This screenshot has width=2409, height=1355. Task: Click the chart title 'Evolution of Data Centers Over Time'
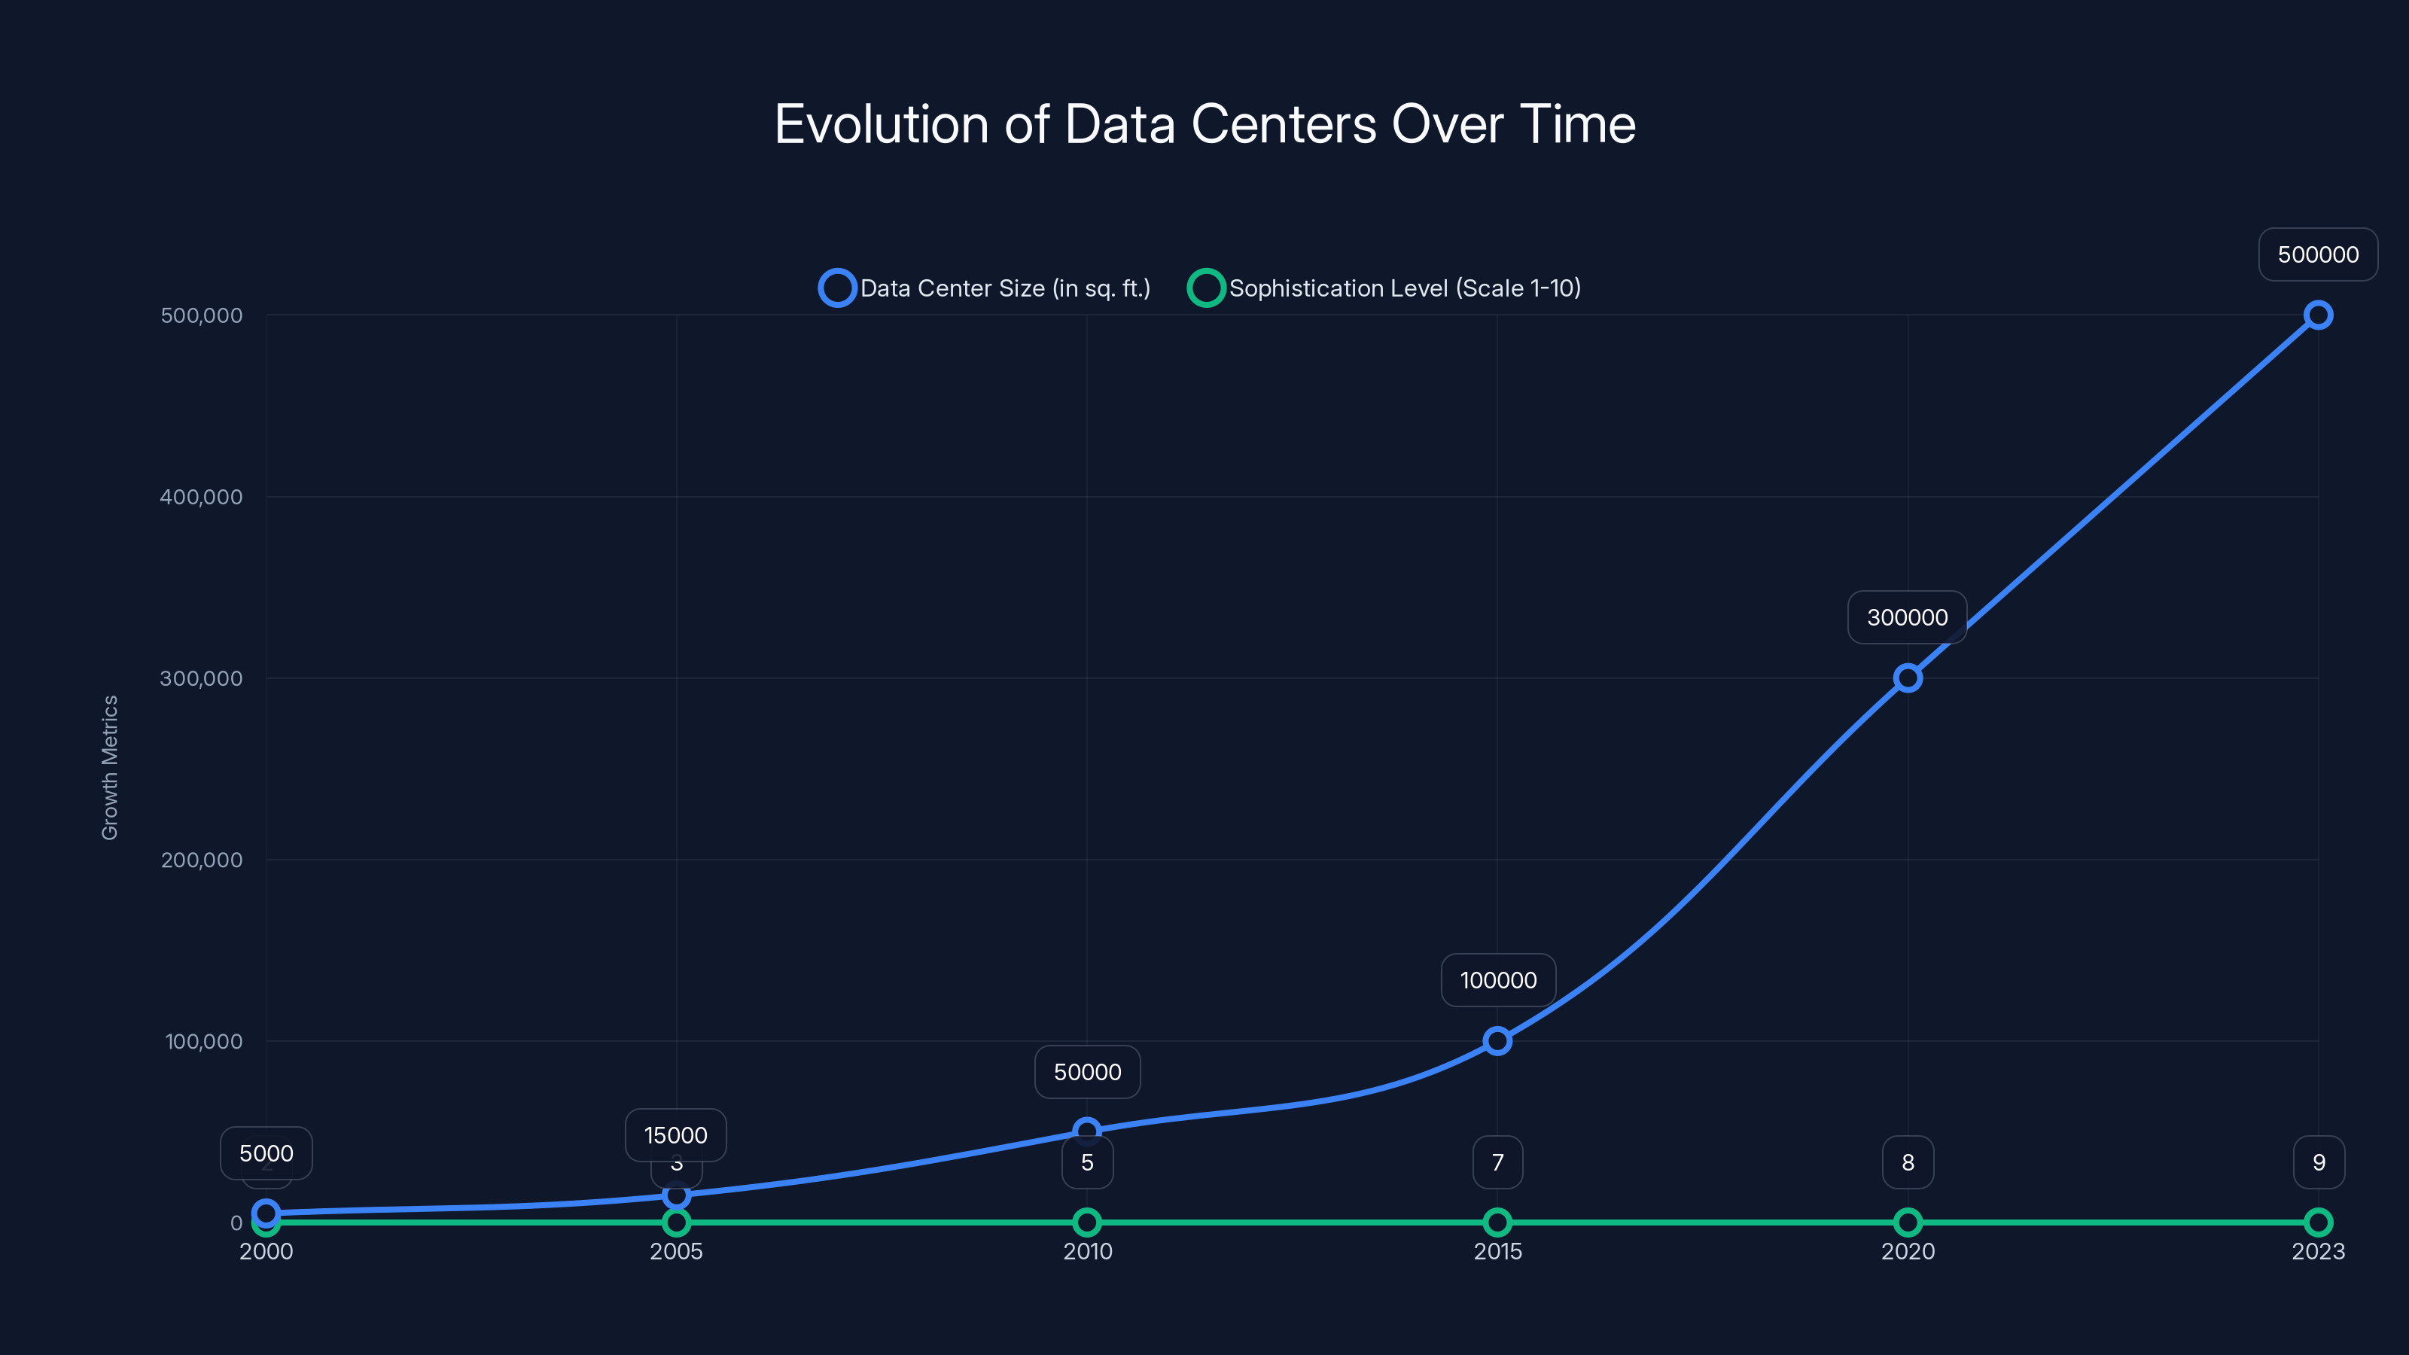(x=1204, y=124)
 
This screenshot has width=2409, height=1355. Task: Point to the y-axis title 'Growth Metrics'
(x=111, y=768)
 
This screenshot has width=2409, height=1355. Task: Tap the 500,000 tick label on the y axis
(x=201, y=315)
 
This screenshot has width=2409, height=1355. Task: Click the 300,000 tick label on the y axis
(x=201, y=678)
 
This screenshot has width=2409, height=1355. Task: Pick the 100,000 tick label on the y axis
(x=203, y=1041)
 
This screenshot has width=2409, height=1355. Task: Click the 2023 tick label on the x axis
(x=2317, y=1251)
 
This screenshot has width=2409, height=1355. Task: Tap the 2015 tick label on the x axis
(x=1497, y=1251)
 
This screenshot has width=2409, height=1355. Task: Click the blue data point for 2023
(x=2317, y=315)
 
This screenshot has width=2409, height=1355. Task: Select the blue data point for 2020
(x=1908, y=678)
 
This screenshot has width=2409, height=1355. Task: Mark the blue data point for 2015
(x=1497, y=1041)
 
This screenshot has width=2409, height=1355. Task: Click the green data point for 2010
(x=1086, y=1223)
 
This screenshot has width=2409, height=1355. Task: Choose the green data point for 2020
(x=1908, y=1223)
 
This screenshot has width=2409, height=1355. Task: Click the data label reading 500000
(x=2317, y=254)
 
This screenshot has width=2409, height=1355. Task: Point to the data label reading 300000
(x=1907, y=617)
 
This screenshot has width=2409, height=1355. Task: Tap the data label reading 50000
(x=1086, y=1072)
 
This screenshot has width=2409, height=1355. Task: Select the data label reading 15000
(x=675, y=1135)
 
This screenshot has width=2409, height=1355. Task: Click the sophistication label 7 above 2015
(x=1497, y=1162)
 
